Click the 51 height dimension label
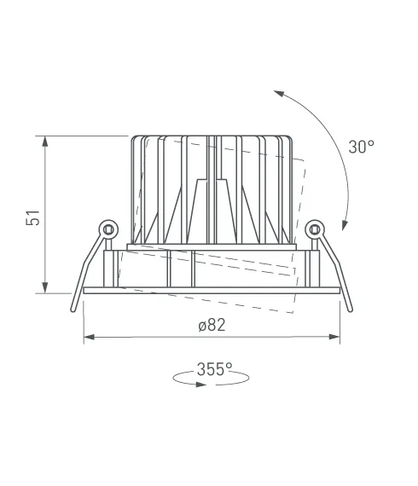[33, 217]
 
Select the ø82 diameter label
[212, 325]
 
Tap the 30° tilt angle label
[361, 147]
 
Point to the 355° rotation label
[215, 369]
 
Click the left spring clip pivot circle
[108, 229]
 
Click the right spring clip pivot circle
[315, 229]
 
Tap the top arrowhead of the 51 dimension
[45, 142]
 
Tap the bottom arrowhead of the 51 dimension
[45, 287]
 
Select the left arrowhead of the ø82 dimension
[90, 337]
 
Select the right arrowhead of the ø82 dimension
[334, 337]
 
